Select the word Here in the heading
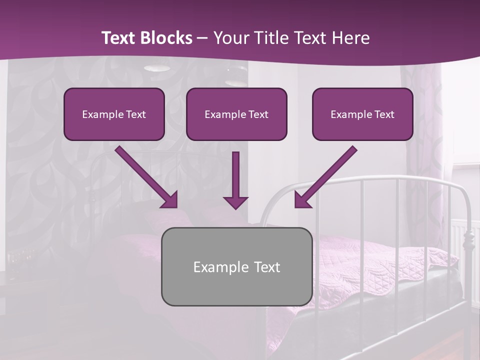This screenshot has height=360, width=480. point(350,38)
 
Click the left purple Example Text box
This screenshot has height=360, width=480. point(114,114)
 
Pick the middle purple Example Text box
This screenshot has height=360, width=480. point(236,114)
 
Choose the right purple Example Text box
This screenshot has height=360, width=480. point(362,114)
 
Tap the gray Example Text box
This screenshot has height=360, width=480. point(236,266)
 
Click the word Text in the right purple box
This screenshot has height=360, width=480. point(384,114)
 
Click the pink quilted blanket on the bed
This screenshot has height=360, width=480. point(380,265)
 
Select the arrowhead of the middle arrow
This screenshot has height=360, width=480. point(235,202)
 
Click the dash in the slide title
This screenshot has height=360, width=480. point(202,38)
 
